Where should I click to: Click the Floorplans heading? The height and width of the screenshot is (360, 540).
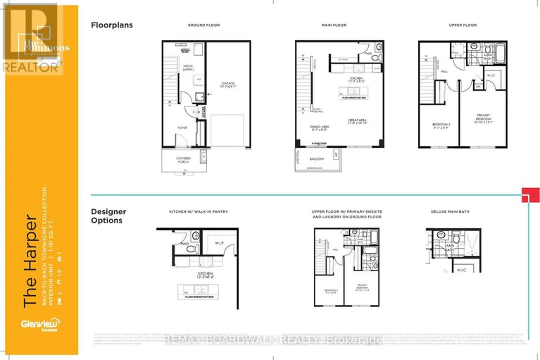[x=112, y=25]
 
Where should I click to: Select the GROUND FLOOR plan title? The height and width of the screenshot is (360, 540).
[x=203, y=25]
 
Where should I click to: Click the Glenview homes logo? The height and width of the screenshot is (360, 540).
[x=33, y=325]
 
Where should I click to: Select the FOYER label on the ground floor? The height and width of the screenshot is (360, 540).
[x=182, y=128]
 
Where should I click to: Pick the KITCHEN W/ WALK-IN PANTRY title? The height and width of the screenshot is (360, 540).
[x=199, y=211]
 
